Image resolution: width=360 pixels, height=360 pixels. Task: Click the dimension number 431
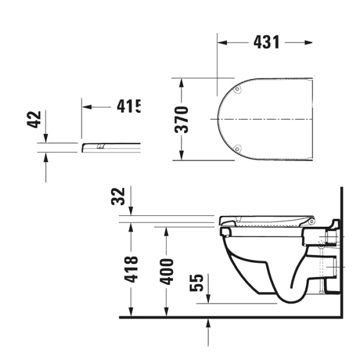[x=266, y=42]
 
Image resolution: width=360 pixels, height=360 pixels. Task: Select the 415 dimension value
[x=128, y=107]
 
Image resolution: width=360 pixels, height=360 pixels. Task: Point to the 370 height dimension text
[x=183, y=119]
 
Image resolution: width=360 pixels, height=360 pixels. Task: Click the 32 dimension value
[x=119, y=196]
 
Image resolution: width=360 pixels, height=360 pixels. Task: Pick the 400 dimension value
[x=167, y=271]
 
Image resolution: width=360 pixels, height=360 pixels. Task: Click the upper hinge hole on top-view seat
[x=238, y=90]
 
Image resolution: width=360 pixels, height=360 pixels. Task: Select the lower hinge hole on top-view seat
[x=238, y=148]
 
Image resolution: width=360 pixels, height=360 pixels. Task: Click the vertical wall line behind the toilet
[x=341, y=252]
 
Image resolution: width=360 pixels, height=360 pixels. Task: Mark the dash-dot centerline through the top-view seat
[x=264, y=119]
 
